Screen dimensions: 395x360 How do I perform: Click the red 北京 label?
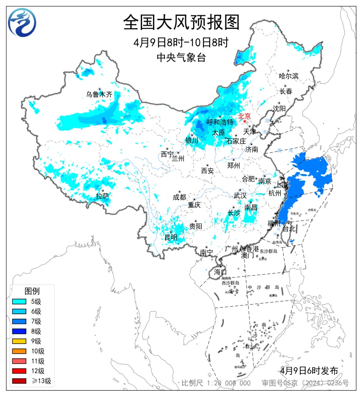click(x=244, y=116)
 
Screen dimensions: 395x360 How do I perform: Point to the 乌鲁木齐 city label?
click(x=99, y=94)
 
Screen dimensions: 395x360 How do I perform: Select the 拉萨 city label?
click(x=102, y=196)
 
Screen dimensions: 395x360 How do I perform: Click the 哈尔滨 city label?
click(x=289, y=76)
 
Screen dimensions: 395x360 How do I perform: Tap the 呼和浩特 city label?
click(x=220, y=122)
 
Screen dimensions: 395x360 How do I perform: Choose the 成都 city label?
click(x=179, y=197)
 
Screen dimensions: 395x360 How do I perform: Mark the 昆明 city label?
click(x=171, y=237)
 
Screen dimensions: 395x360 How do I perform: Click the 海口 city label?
click(x=220, y=272)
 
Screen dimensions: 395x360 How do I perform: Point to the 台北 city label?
click(x=290, y=229)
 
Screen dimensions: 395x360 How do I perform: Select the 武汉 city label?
click(x=240, y=196)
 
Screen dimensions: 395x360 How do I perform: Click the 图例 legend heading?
click(x=32, y=291)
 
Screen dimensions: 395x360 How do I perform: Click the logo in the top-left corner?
click(x=22, y=22)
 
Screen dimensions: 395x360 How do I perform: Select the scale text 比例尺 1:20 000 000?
click(x=216, y=383)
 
